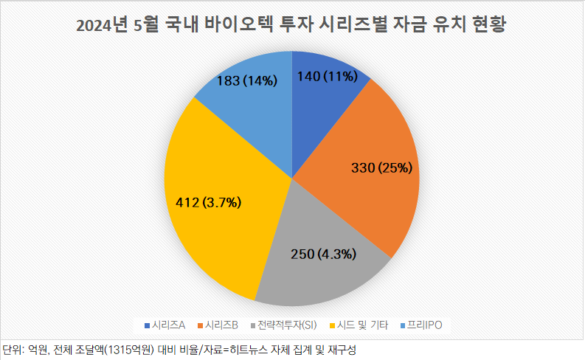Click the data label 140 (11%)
pyautogui.click(x=327, y=75)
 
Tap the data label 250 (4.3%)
pyautogui.click(x=325, y=255)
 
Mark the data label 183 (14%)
pyautogui.click(x=247, y=81)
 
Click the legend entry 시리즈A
pyautogui.click(x=169, y=325)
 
